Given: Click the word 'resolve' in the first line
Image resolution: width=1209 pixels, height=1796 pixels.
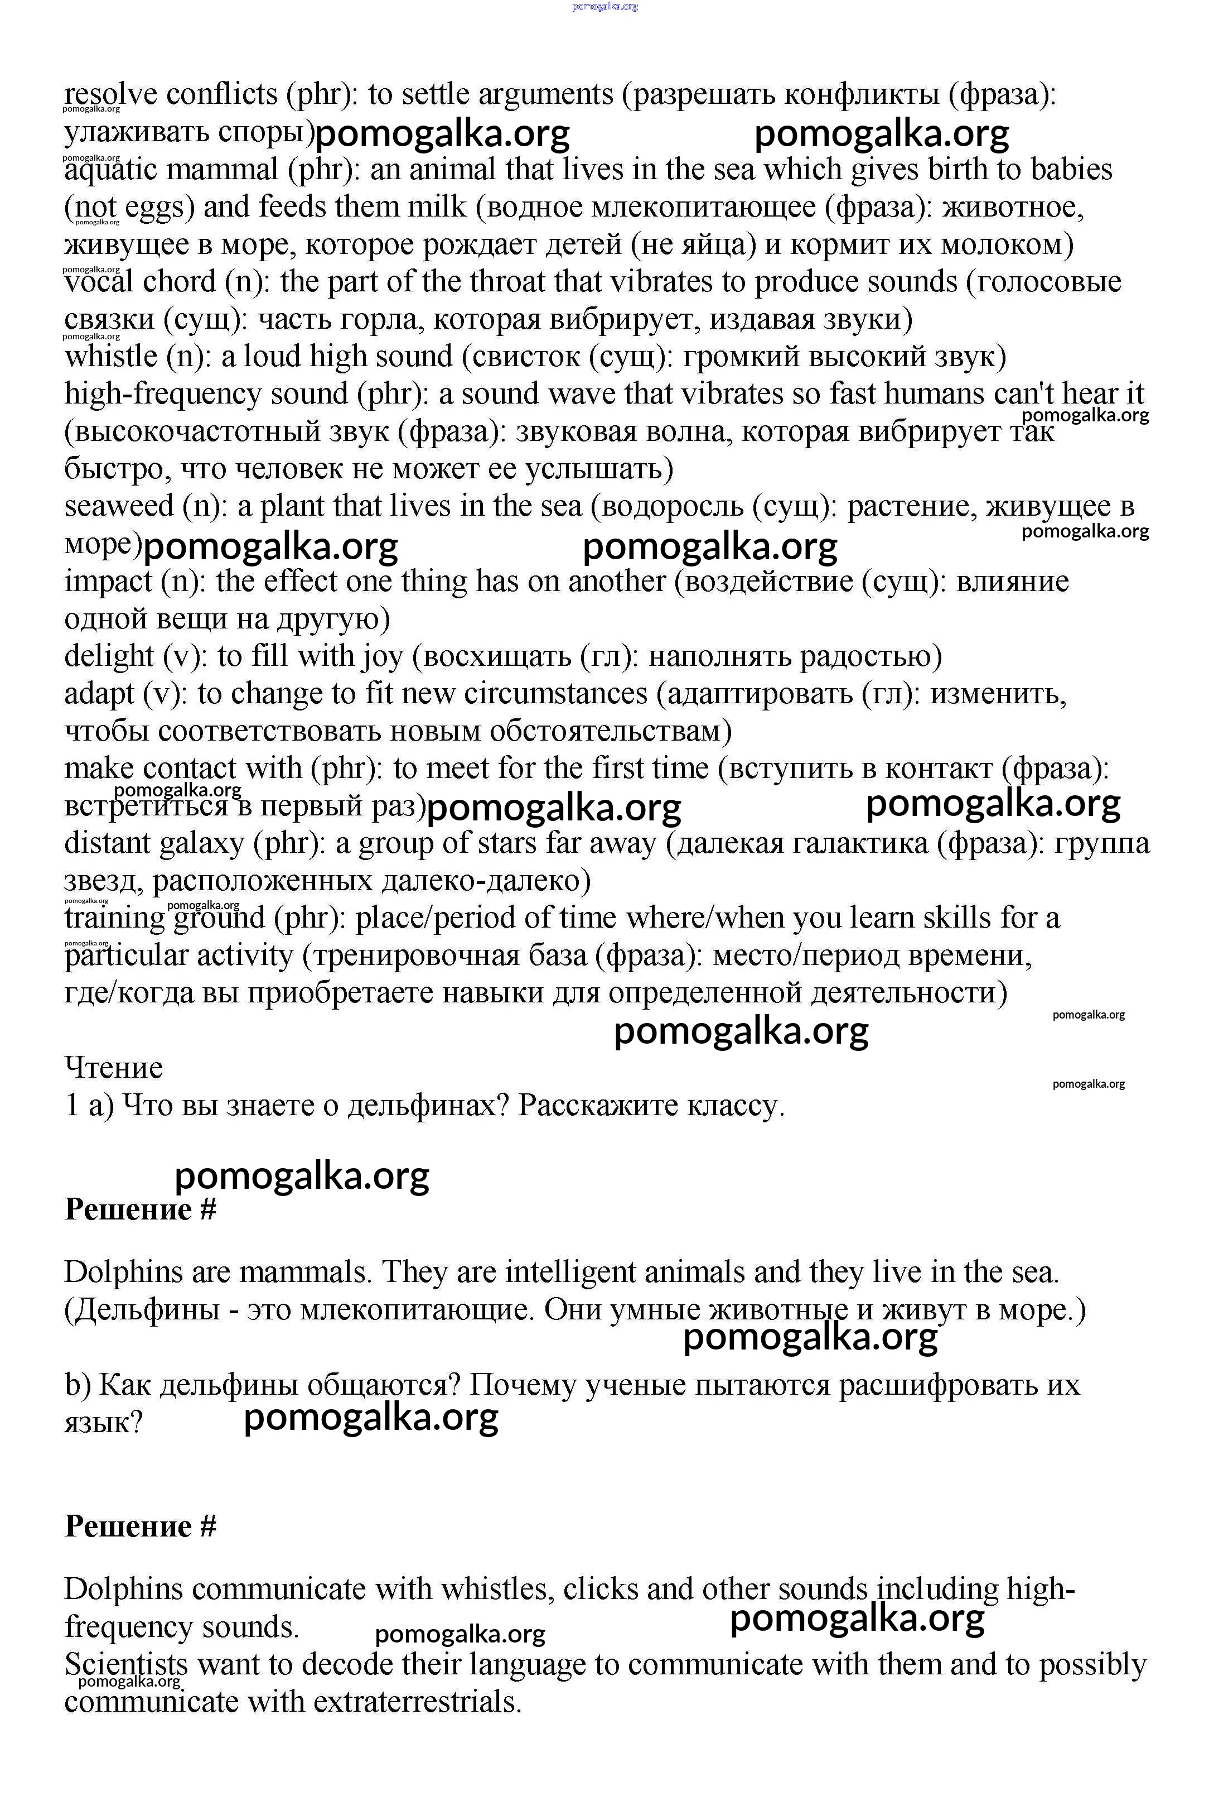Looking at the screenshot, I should [111, 94].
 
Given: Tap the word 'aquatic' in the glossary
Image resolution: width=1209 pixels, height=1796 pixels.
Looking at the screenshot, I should [110, 169].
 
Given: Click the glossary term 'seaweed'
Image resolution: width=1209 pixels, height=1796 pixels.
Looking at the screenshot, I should [119, 506].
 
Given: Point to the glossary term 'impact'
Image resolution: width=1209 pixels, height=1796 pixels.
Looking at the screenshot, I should [108, 581].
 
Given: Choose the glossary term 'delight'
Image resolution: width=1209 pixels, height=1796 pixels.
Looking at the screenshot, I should [109, 656].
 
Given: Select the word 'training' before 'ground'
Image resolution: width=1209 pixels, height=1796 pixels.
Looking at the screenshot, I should [114, 918].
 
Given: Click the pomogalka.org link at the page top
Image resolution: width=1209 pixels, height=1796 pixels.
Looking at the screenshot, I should [605, 7].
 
